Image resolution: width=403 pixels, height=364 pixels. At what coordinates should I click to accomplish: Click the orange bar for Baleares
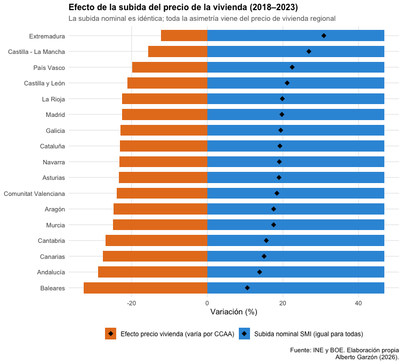tap(146, 288)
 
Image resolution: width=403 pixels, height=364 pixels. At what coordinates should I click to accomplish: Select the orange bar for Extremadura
tap(184, 36)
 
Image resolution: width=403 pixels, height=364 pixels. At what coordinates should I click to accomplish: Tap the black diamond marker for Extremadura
tap(324, 36)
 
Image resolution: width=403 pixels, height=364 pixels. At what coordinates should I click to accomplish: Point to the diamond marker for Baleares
tap(247, 288)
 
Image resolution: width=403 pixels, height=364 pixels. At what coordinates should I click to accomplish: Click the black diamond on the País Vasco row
tap(292, 67)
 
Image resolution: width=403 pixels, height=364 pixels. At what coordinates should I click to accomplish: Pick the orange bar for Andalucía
tap(152, 272)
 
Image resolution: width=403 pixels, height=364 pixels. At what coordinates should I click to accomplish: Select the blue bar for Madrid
tap(296, 114)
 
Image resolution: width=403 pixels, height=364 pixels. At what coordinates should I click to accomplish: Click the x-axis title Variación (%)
tap(233, 312)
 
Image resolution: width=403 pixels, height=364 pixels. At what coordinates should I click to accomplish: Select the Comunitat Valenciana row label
tap(34, 193)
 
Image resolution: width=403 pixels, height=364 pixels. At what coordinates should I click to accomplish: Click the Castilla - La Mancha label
tap(37, 52)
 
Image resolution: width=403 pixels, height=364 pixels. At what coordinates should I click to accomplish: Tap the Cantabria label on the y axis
tap(51, 241)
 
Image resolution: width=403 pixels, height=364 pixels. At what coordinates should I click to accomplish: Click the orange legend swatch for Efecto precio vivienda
tap(110, 334)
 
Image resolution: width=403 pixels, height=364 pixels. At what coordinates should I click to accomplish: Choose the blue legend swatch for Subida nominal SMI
tap(244, 334)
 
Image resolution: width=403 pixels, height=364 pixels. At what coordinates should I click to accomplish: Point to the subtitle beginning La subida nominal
tap(201, 18)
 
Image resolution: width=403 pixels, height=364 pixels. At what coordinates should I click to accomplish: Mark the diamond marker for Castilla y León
tap(287, 83)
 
